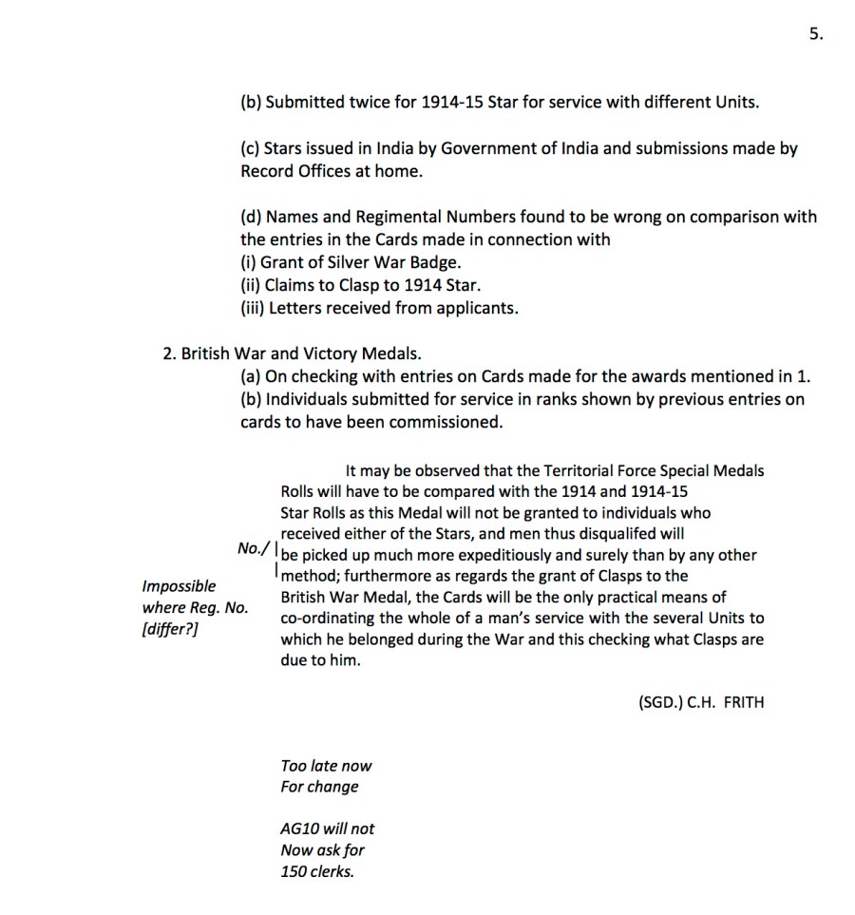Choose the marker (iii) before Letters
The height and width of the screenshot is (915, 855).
pyautogui.click(x=252, y=308)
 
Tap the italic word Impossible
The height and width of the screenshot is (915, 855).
pyautogui.click(x=179, y=586)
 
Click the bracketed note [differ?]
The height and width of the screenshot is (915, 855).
pyautogui.click(x=170, y=628)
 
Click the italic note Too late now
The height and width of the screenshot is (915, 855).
pyautogui.click(x=326, y=766)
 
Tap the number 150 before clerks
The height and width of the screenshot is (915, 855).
pyautogui.click(x=294, y=870)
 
